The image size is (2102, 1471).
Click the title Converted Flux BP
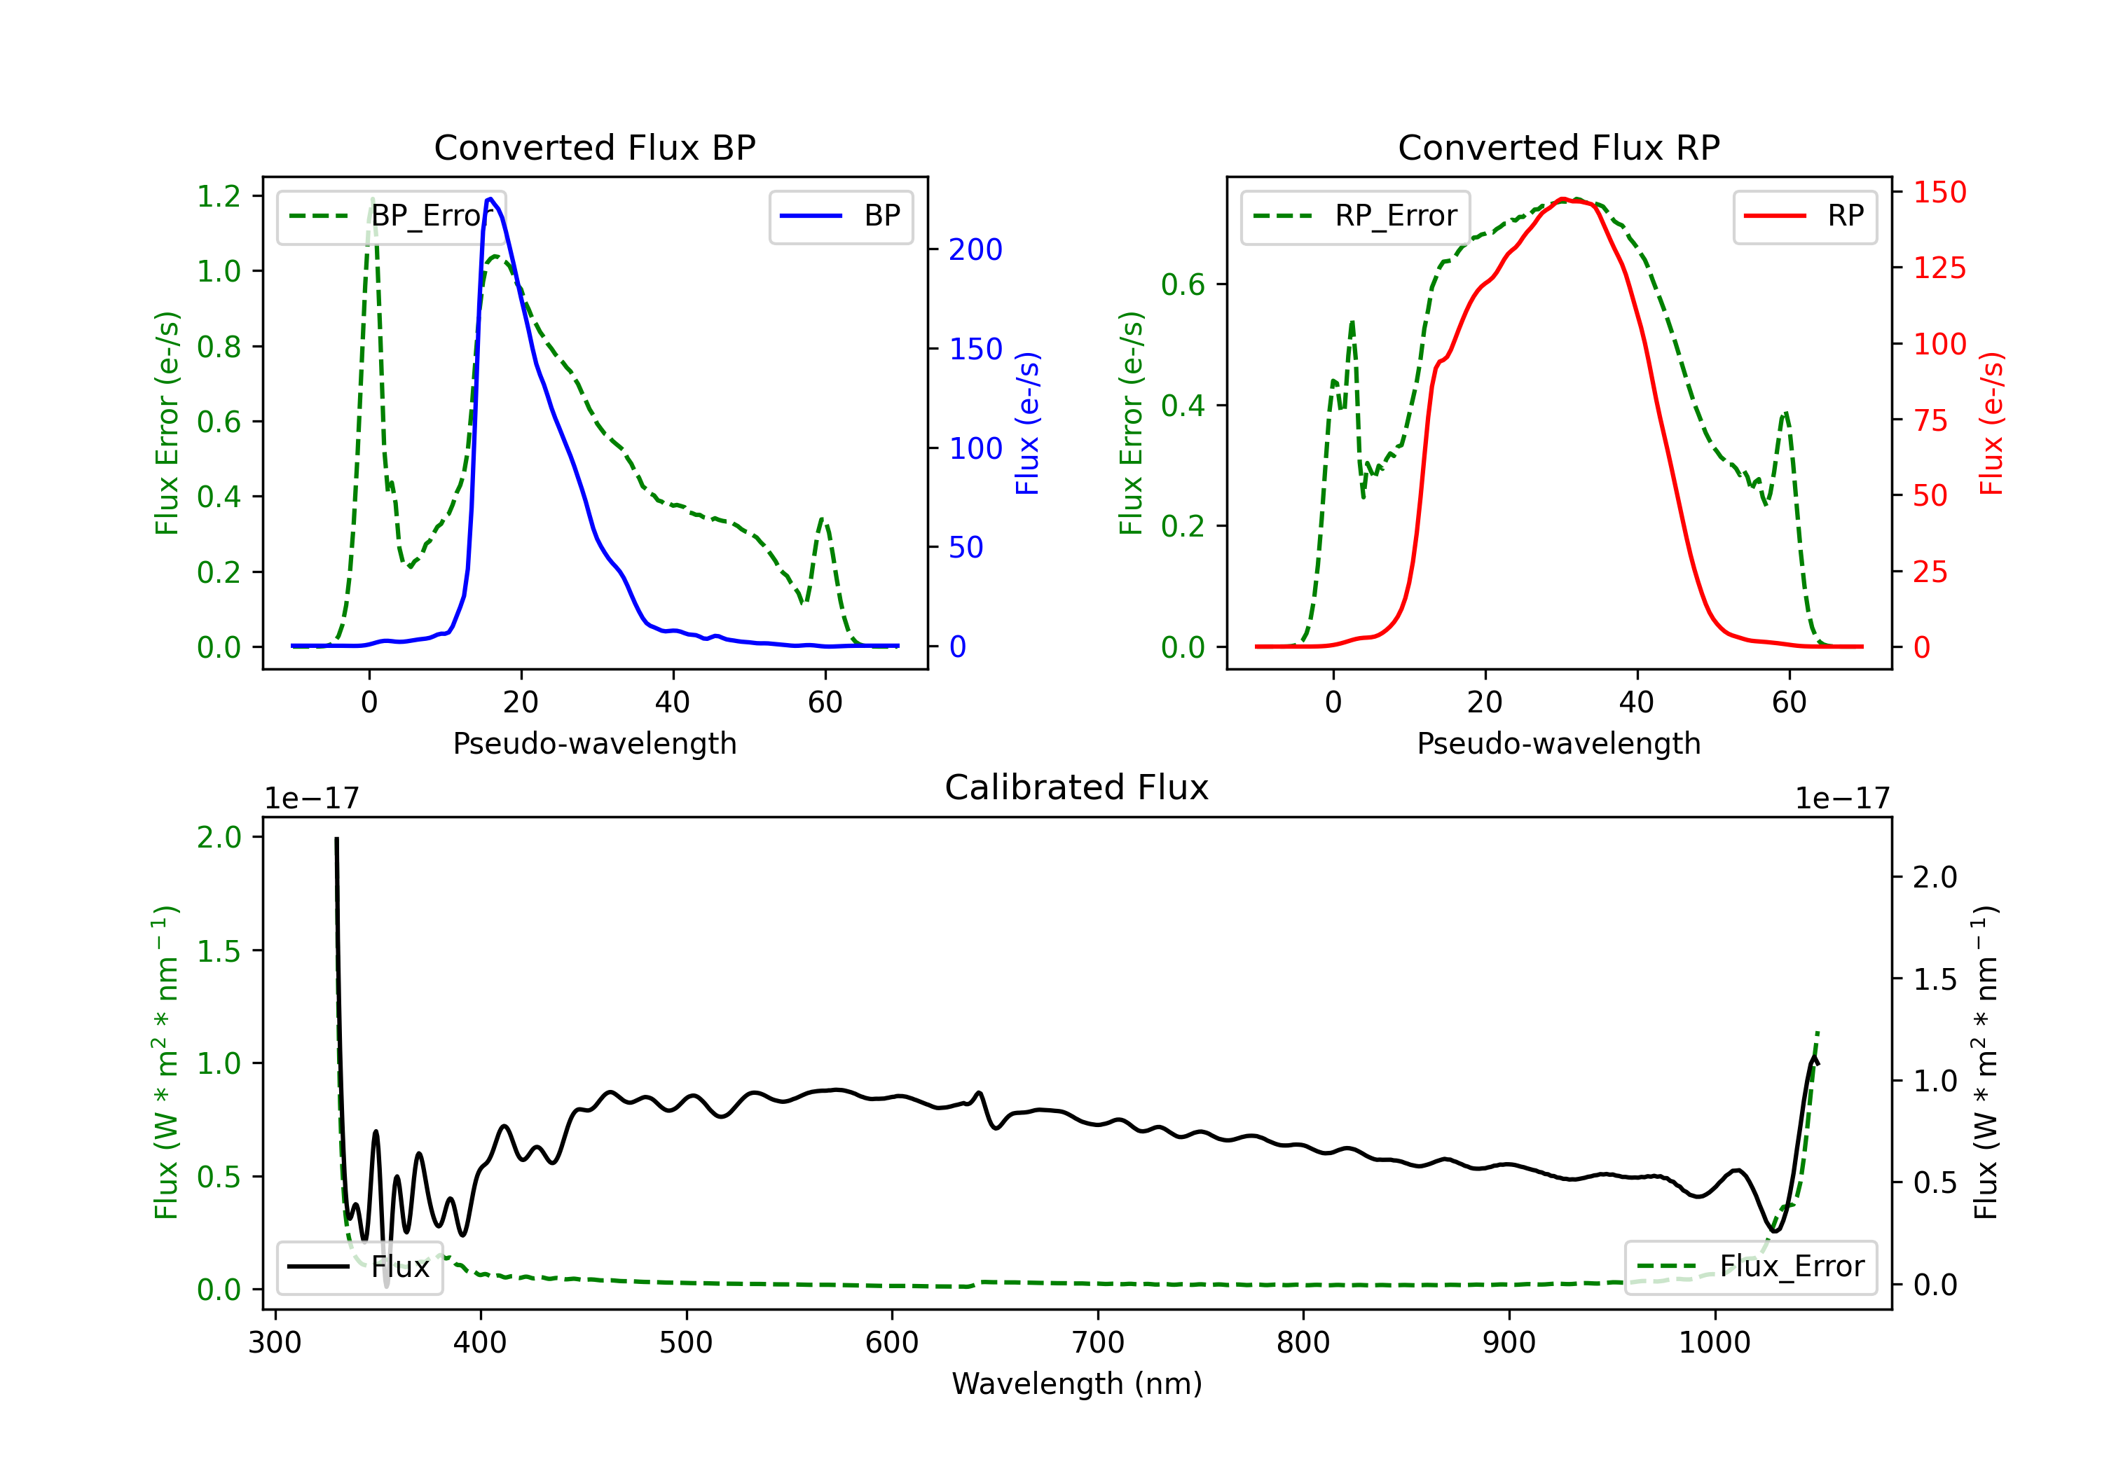(594, 147)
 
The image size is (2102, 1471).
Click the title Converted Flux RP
(1558, 147)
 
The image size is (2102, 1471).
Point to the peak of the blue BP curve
(490, 199)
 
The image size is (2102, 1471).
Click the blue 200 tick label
(975, 250)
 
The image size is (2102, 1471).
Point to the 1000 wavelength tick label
(1714, 1343)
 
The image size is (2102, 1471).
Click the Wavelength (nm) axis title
(1077, 1383)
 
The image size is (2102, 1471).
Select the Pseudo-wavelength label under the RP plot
(1558, 743)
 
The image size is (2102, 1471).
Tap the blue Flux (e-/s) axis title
(1027, 423)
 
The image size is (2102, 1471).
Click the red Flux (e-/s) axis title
(1991, 423)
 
